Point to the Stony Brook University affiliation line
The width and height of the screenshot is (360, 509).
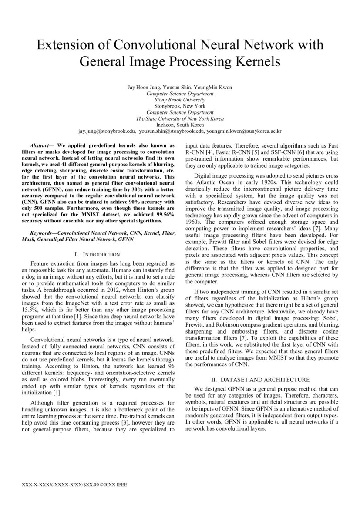click(180, 100)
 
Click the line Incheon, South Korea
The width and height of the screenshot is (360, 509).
click(180, 124)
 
